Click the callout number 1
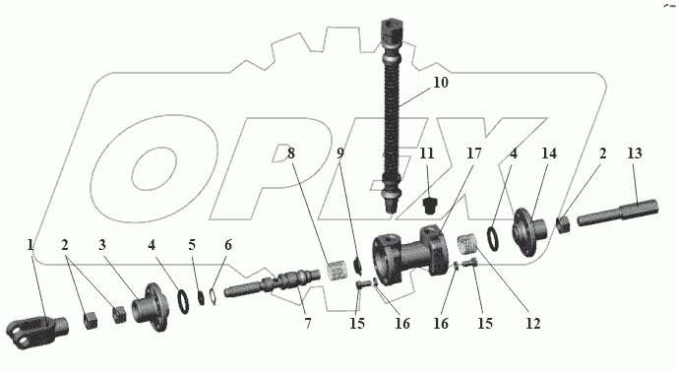tap(31, 245)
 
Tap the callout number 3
tap(101, 245)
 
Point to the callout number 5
tap(192, 245)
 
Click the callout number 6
tap(228, 245)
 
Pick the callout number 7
tap(308, 323)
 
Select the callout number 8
tap(291, 154)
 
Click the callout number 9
tap(340, 154)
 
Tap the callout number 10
tap(441, 83)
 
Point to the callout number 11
tap(427, 154)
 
